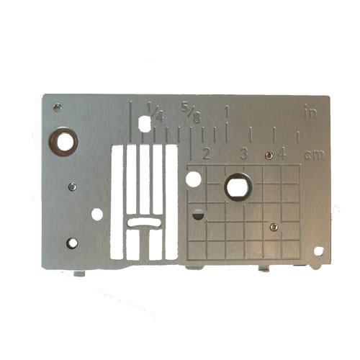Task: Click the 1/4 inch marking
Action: [156, 112]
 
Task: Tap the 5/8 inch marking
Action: [191, 113]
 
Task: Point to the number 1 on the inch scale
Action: [227, 112]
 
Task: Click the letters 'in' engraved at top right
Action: [311, 111]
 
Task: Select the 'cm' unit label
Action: [315, 156]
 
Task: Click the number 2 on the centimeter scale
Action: [206, 153]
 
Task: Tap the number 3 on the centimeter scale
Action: [244, 153]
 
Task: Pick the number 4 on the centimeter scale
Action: [282, 153]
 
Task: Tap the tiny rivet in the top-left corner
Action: [58, 107]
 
